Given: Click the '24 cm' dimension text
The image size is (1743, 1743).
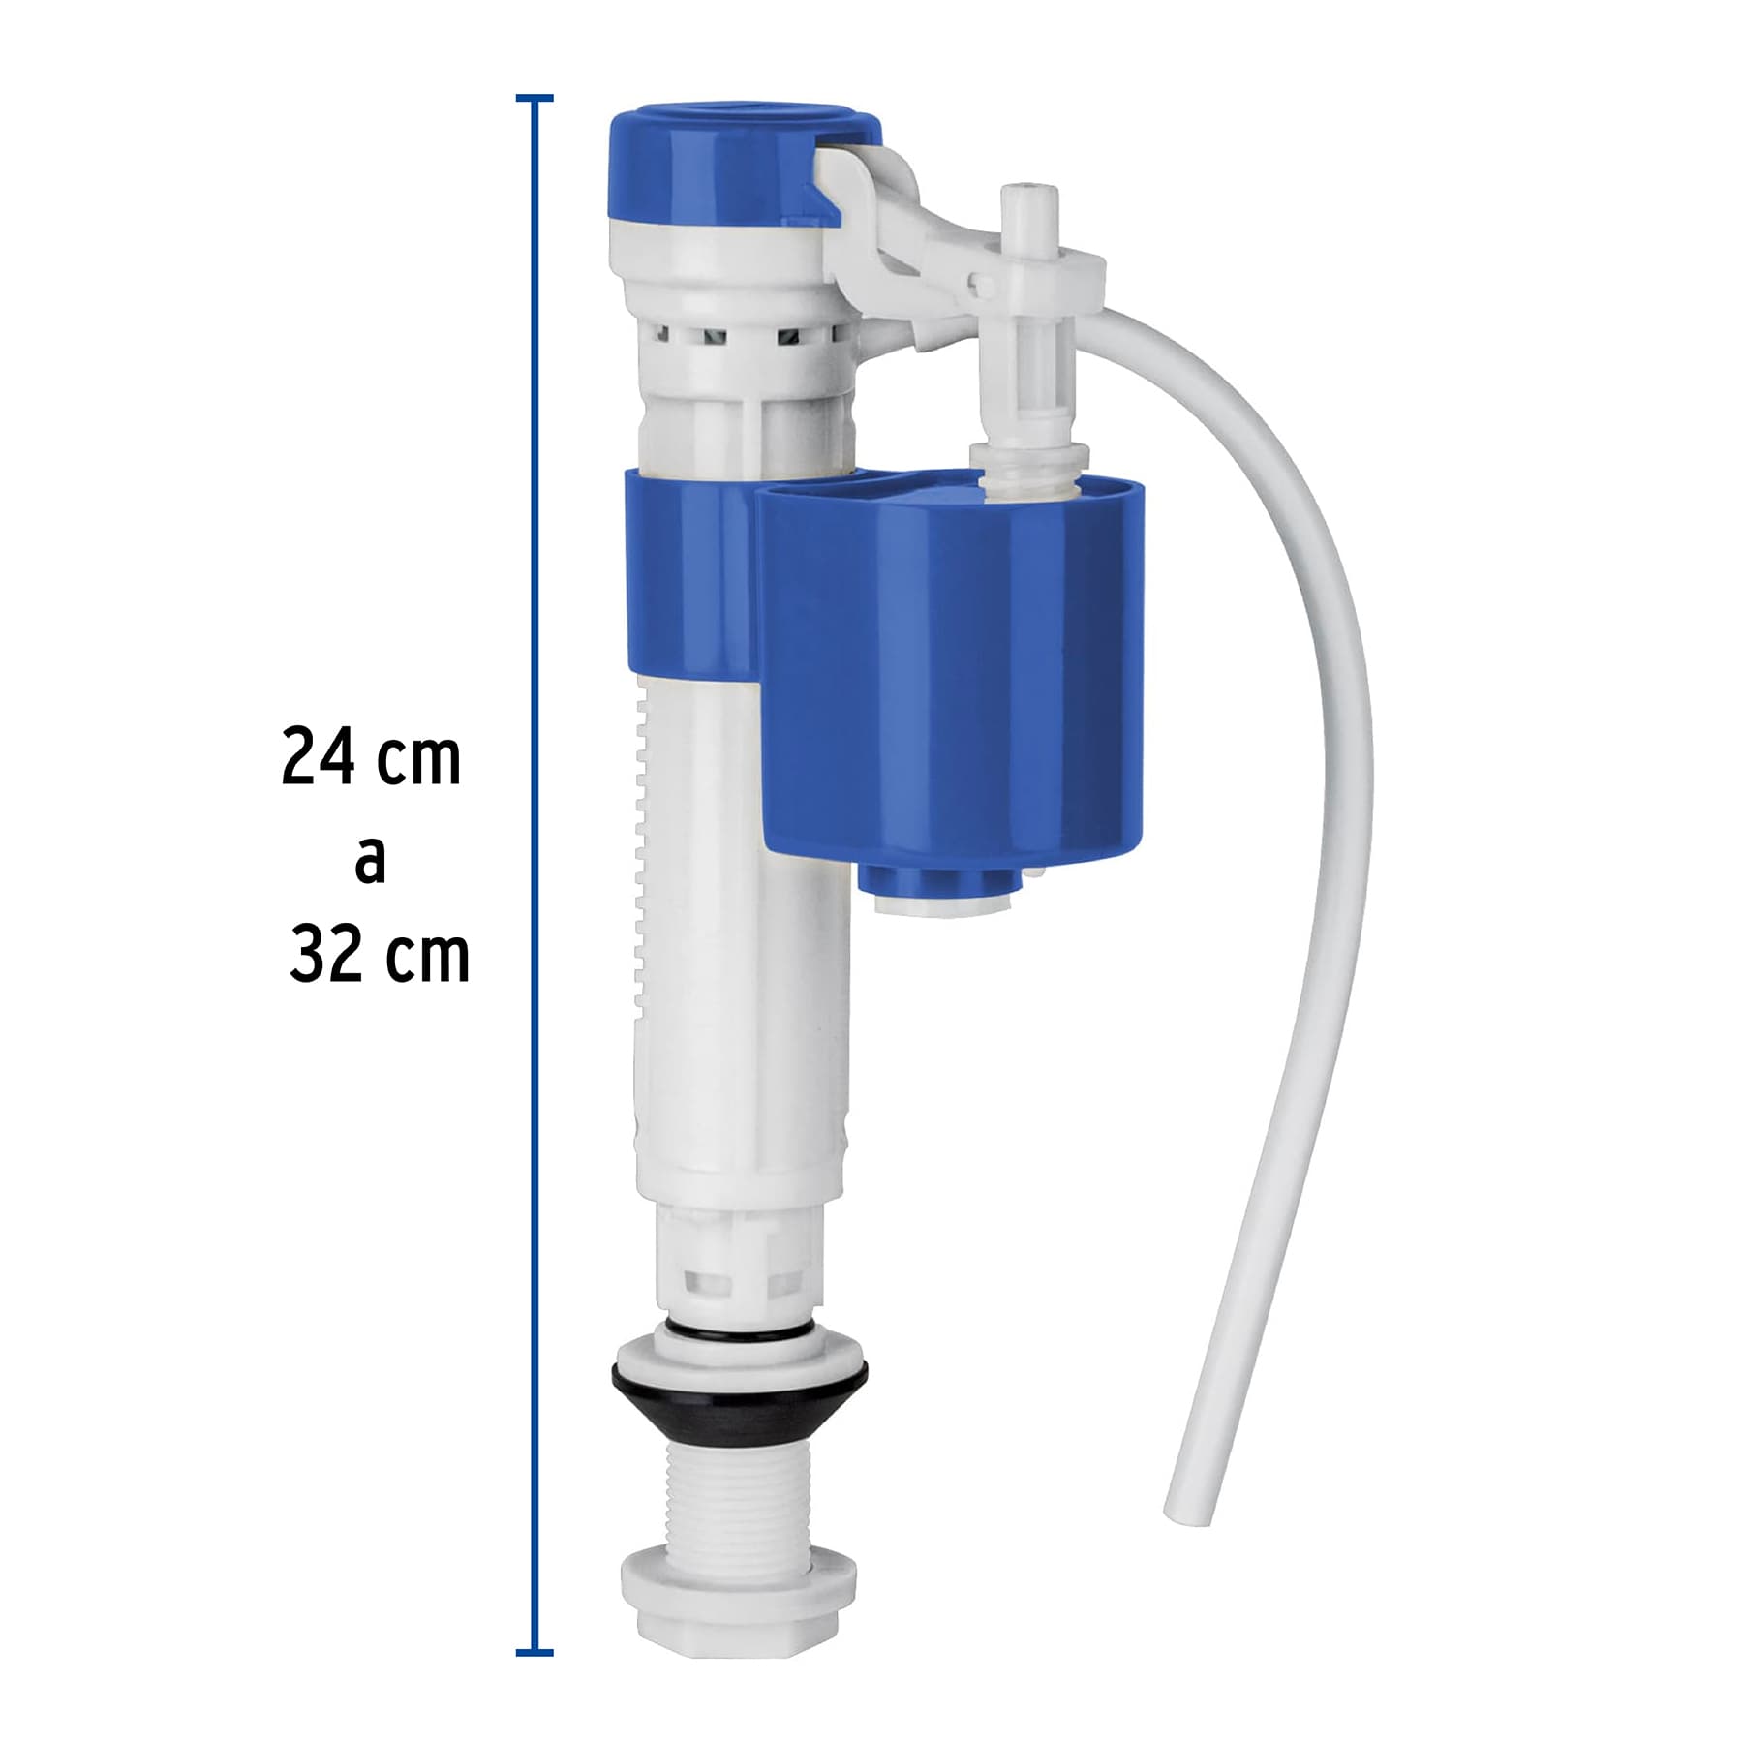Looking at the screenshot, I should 371,757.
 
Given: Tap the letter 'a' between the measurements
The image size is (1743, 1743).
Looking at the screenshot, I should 370,860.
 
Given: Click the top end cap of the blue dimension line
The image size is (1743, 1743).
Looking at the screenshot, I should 535,99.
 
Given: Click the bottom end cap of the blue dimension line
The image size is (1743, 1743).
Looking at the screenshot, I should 535,1652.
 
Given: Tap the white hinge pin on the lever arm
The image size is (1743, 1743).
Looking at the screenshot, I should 981,285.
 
